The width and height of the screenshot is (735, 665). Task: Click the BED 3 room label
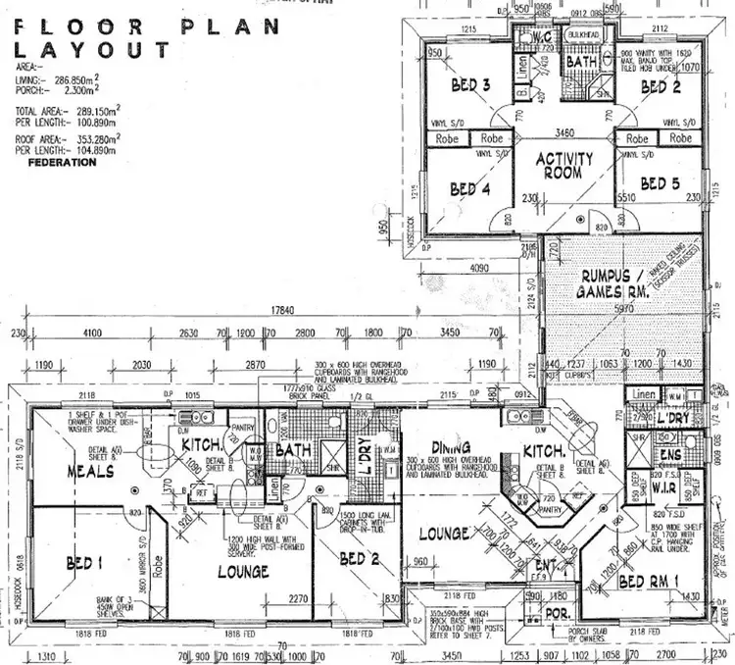tap(470, 86)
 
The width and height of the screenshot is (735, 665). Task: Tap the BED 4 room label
tap(470, 188)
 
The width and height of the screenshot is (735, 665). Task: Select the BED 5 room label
tap(661, 183)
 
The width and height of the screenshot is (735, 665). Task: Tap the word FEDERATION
tap(63, 163)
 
